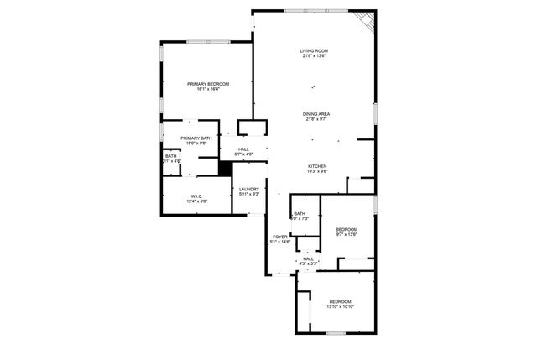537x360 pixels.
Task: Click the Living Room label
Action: (313, 52)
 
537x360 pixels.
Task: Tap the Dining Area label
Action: (316, 113)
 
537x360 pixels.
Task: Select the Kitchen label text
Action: (316, 166)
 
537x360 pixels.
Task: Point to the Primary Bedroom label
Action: (208, 83)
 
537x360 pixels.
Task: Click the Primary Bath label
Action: (195, 138)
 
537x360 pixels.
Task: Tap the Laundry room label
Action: (249, 189)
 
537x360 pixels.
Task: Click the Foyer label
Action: (280, 237)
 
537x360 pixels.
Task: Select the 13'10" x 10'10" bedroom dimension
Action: (340, 306)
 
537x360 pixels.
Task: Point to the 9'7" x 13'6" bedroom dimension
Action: (347, 234)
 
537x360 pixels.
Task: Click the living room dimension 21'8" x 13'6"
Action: (313, 57)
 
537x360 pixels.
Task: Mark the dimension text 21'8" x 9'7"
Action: (316, 118)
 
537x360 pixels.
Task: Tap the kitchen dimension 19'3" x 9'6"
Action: (316, 171)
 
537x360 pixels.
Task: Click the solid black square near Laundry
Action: (224, 167)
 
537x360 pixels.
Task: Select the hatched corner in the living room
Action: (362, 18)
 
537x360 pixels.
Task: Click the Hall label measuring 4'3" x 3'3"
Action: (309, 258)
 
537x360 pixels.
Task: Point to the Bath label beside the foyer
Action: (299, 213)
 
